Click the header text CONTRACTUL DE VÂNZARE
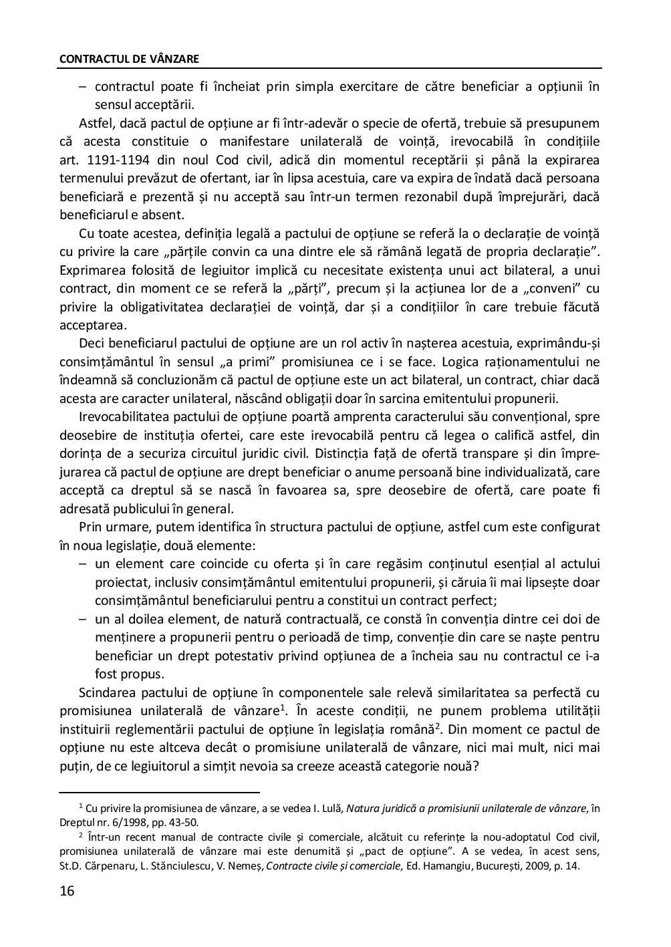pos(129,59)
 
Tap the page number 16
pos(68,891)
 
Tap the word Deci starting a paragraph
pos(91,344)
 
